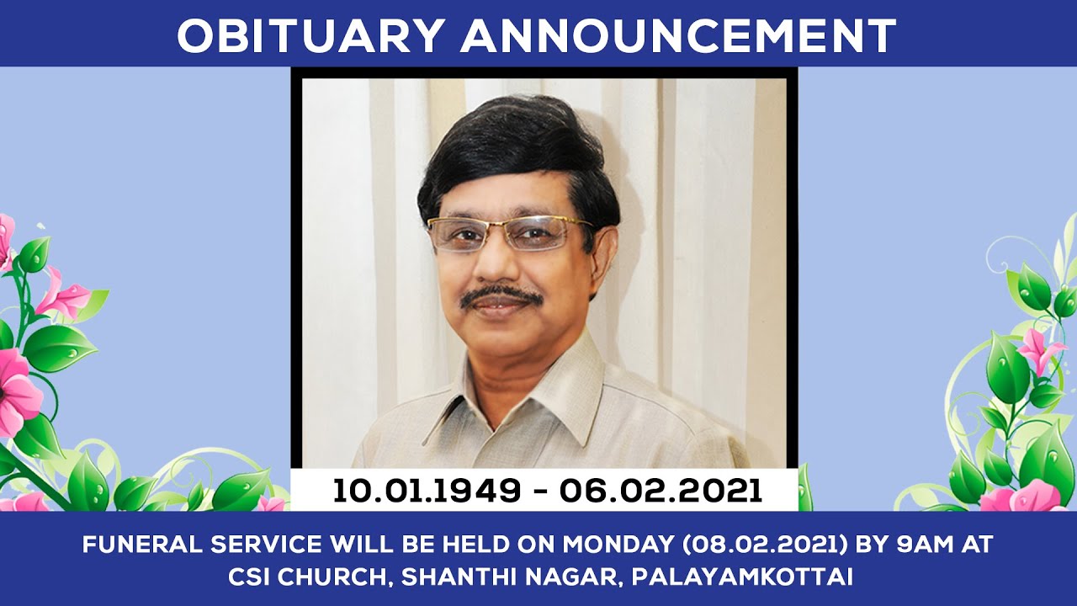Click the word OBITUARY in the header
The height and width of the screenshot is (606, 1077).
(309, 36)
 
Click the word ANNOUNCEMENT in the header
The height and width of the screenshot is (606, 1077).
(678, 36)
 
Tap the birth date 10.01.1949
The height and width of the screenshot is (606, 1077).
(427, 491)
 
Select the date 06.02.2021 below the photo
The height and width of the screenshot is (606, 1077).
(661, 491)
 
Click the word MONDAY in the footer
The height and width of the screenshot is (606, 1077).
(618, 545)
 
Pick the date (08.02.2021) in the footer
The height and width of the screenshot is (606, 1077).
(765, 545)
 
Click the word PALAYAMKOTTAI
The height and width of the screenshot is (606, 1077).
(742, 577)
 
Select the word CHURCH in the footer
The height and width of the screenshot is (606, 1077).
(332, 577)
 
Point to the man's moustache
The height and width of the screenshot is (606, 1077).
(501, 296)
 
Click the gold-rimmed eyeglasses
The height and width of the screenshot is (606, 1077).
(510, 234)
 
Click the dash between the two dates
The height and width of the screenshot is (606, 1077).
(540, 492)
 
